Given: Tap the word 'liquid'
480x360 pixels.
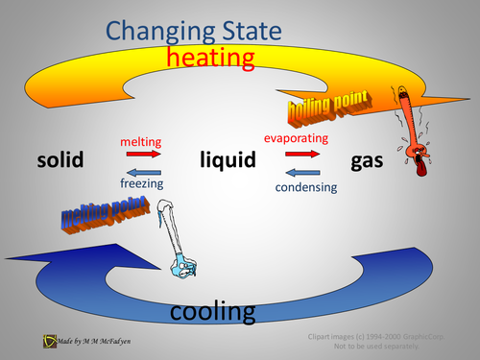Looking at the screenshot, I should [228, 159].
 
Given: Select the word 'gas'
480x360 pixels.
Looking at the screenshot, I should [368, 159].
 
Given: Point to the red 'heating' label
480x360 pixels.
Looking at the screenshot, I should [210, 59].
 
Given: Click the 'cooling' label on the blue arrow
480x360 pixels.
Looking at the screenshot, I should [212, 312].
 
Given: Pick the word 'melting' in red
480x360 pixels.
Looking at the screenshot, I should [140, 141].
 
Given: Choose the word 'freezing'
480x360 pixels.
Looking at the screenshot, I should [141, 181].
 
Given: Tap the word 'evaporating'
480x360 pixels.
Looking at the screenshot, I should [297, 138].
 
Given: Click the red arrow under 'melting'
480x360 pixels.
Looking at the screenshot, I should [141, 154].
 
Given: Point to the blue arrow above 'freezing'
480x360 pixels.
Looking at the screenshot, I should [141, 168].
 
